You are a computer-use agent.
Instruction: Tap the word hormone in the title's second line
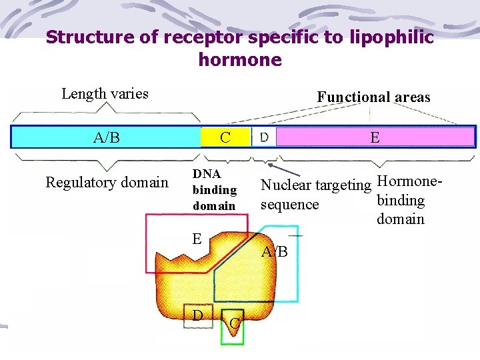(240, 60)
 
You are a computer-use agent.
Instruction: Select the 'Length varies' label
(105, 93)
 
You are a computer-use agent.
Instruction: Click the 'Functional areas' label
(373, 97)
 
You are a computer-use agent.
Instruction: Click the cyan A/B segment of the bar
(107, 137)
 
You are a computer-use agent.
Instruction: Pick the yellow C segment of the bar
(225, 137)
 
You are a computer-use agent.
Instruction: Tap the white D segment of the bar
(264, 137)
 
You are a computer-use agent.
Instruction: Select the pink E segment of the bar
(375, 137)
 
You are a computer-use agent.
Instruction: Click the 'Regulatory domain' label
(107, 182)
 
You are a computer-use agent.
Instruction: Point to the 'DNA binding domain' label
(214, 189)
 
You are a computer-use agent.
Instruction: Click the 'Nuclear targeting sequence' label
(315, 194)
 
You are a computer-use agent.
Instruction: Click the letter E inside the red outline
(197, 239)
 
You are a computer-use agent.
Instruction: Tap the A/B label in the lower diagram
(275, 252)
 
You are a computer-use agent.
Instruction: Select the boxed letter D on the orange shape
(197, 314)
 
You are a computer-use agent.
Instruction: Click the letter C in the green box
(234, 324)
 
